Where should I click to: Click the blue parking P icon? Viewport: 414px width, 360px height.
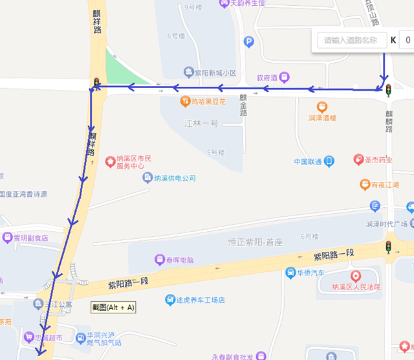[249, 42]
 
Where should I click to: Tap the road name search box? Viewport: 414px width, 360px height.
[352, 40]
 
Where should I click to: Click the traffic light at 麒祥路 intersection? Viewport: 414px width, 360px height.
[96, 83]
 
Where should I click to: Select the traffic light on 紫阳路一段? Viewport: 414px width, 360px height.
[388, 246]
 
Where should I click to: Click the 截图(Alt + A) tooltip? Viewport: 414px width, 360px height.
[113, 308]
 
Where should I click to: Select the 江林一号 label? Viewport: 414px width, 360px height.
[201, 123]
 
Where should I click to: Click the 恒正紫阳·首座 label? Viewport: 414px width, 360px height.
[255, 242]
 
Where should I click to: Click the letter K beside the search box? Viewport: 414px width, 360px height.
[393, 40]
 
